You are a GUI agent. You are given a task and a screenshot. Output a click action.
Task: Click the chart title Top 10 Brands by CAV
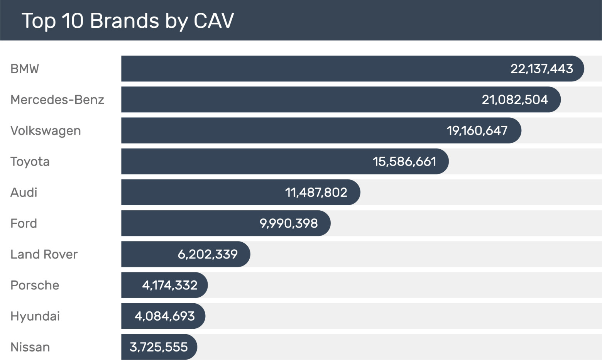pos(128,20)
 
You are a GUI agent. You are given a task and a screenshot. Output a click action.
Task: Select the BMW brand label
pos(25,69)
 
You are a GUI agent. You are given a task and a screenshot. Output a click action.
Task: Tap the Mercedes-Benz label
pos(57,100)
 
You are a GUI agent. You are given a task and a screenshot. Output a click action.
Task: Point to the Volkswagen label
pos(46,130)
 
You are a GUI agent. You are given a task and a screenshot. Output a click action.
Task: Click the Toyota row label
pos(30,161)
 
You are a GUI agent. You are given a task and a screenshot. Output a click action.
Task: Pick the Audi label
pos(24,192)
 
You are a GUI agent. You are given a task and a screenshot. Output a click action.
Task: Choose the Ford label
pos(24,223)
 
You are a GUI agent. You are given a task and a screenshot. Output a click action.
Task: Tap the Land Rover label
pos(44,254)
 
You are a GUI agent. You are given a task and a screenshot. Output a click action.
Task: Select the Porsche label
pos(35,285)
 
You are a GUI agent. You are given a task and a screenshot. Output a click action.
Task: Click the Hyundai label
pos(35,316)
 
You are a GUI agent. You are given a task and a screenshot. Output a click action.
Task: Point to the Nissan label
pos(30,347)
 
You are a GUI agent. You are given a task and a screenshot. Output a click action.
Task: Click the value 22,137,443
pos(541,69)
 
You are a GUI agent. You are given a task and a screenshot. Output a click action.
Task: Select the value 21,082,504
pos(515,100)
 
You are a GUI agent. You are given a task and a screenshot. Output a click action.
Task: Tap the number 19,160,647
pos(477,130)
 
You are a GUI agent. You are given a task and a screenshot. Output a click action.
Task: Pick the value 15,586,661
pos(404,161)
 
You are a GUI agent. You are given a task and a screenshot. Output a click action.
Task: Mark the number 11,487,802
pos(316,192)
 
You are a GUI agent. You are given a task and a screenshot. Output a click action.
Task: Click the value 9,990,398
pos(289,223)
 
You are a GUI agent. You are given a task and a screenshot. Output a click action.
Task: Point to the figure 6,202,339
pos(208,254)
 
